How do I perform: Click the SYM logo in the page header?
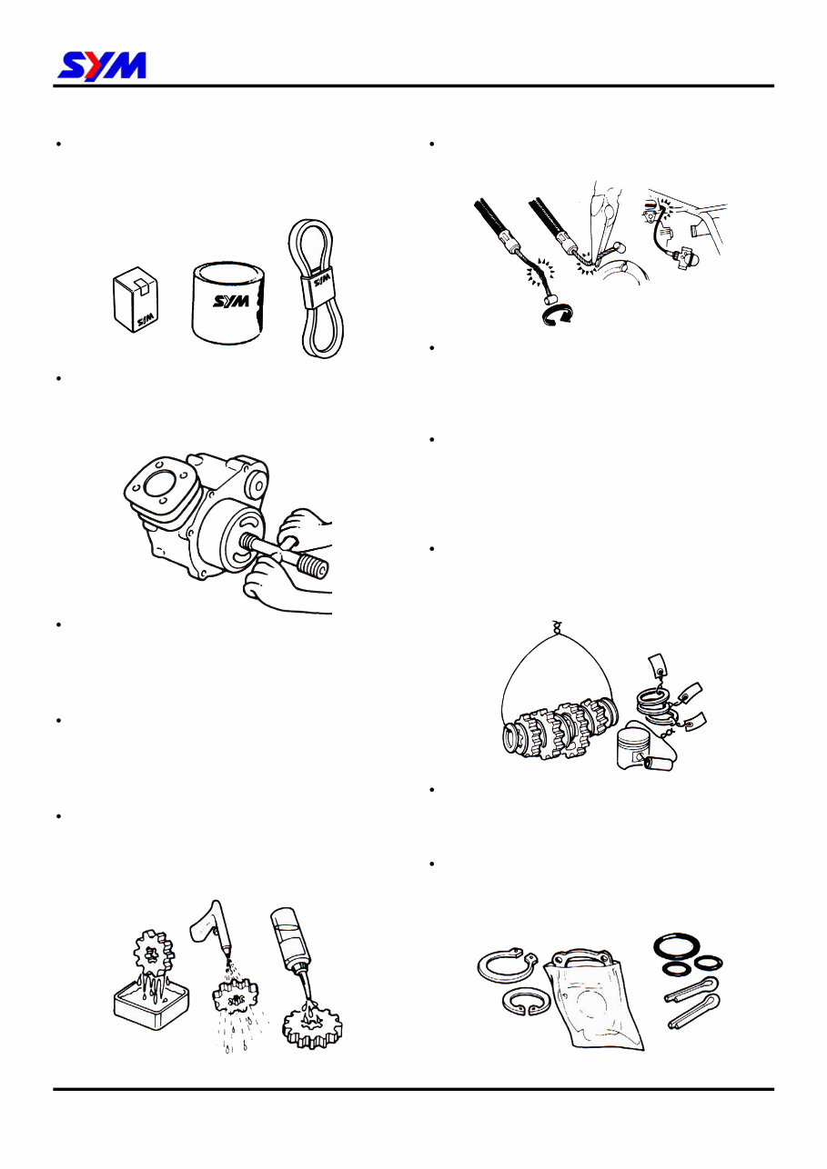(x=102, y=65)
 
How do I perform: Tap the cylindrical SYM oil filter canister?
(x=231, y=301)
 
